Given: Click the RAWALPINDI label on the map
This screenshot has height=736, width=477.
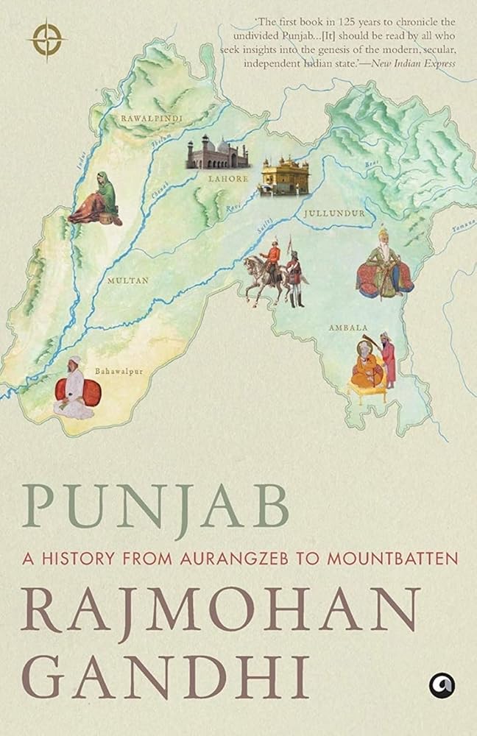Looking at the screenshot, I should pyautogui.click(x=152, y=117).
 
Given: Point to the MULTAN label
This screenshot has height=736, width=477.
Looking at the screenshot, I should pyautogui.click(x=127, y=280).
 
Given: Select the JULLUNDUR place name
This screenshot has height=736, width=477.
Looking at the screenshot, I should pyautogui.click(x=334, y=213).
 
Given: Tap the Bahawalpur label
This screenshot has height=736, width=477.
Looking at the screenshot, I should pyautogui.click(x=119, y=371).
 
